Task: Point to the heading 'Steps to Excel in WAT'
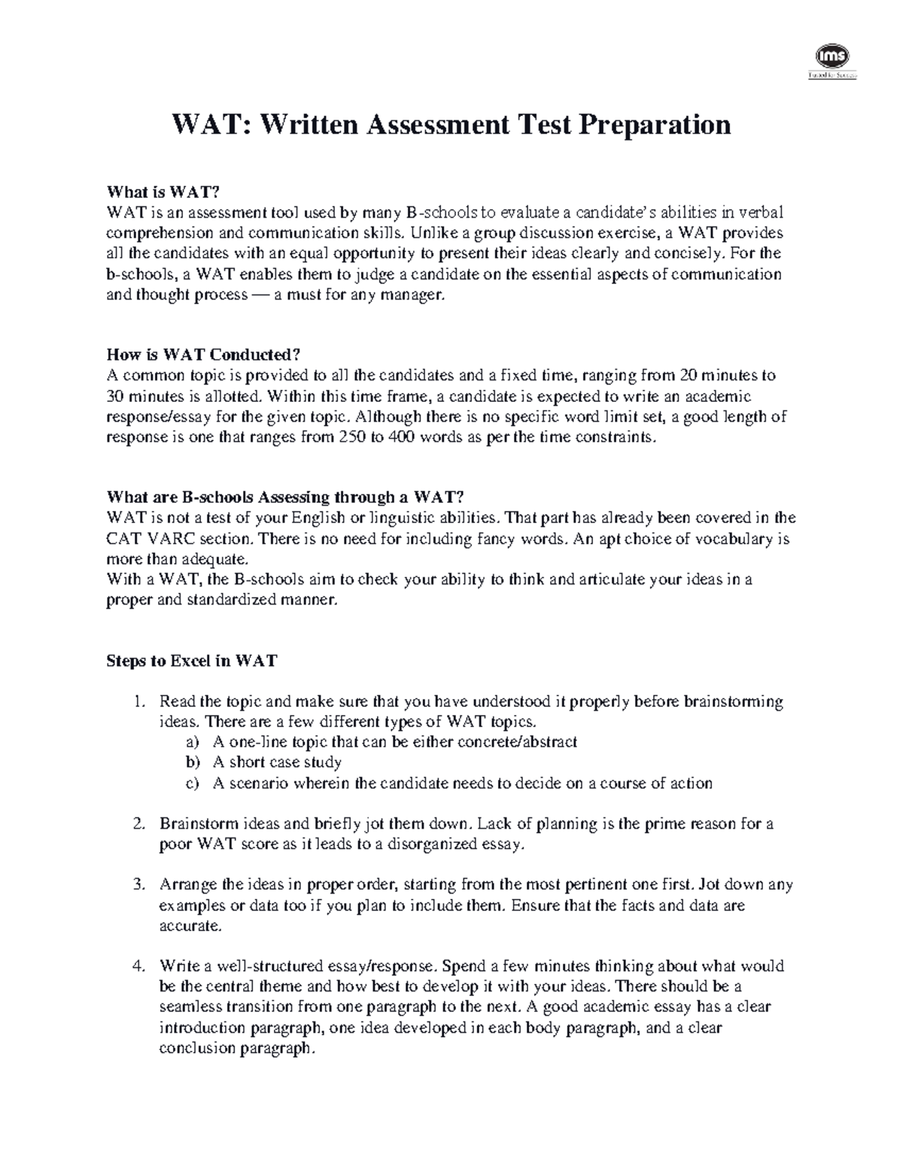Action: [192, 661]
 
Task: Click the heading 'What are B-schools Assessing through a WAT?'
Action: [286, 497]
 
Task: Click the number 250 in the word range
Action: [349, 437]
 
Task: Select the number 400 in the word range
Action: [397, 437]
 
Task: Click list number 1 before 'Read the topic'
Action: [138, 702]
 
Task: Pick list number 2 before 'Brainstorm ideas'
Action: [138, 823]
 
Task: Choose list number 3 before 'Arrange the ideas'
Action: [138, 884]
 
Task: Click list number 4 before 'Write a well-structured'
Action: [138, 966]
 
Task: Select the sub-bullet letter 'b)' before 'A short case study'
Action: [193, 763]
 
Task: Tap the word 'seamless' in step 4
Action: [187, 1006]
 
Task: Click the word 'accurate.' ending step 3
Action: [190, 926]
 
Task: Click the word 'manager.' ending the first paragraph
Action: [413, 295]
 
